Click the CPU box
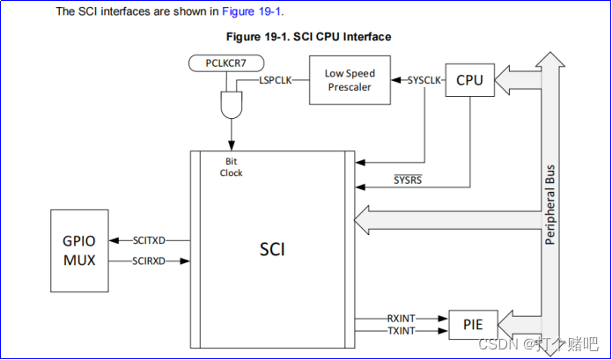point(469,81)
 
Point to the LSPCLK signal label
point(277,80)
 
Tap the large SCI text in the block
point(272,249)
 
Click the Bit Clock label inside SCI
point(231,167)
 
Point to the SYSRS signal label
point(408,181)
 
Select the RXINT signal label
point(402,319)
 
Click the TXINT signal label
point(402,331)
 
